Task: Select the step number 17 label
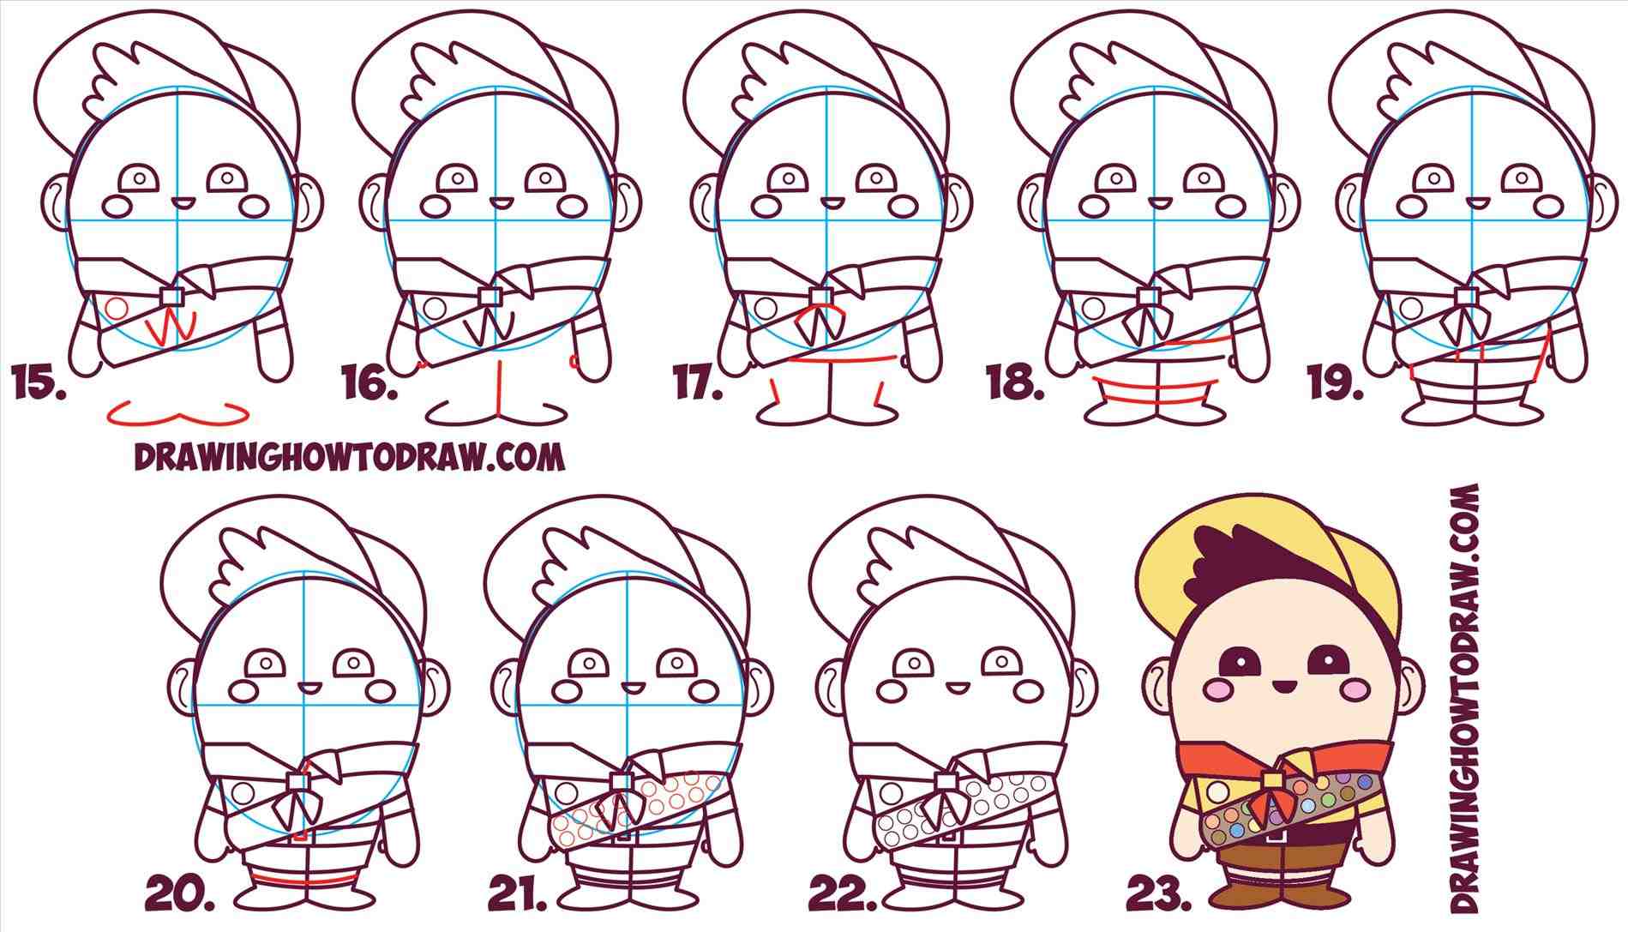(697, 383)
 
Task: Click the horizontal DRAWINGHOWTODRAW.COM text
(349, 457)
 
